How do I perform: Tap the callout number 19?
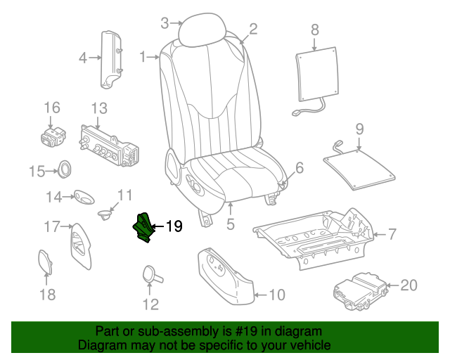click(x=174, y=226)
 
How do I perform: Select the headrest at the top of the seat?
click(x=202, y=30)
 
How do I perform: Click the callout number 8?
click(x=315, y=30)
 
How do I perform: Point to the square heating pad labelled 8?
click(x=317, y=75)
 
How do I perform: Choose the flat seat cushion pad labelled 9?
click(x=359, y=169)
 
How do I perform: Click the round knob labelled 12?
click(x=150, y=274)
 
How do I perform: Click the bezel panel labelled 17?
click(x=80, y=246)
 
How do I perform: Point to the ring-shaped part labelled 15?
click(x=65, y=169)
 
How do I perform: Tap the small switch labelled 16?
click(x=53, y=137)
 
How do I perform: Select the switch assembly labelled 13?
click(x=108, y=146)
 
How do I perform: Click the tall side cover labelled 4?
click(x=111, y=60)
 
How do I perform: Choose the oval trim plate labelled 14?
click(x=84, y=197)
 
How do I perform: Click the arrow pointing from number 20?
click(x=392, y=285)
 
